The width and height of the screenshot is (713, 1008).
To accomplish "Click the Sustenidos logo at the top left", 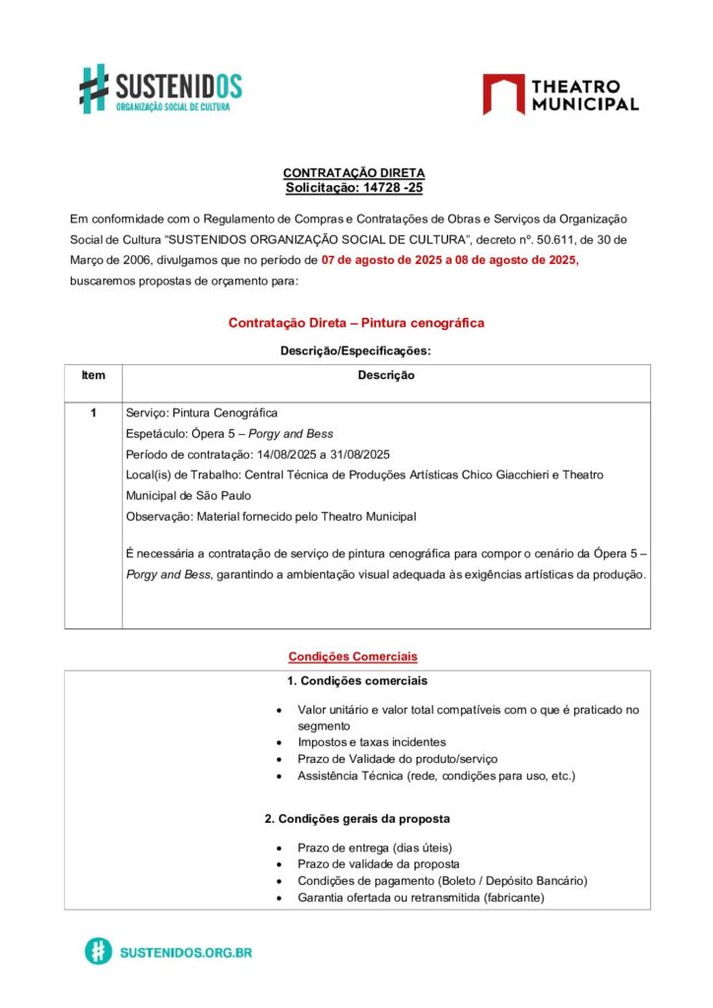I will [x=161, y=89].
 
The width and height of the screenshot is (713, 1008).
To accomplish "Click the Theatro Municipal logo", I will [x=560, y=94].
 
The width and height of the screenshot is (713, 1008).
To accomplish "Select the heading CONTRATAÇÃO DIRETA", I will [x=355, y=173].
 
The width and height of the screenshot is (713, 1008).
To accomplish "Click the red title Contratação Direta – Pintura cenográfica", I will [x=356, y=323].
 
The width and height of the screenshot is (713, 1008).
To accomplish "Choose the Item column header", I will [x=94, y=375].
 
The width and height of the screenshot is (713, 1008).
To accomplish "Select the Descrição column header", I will [x=386, y=375].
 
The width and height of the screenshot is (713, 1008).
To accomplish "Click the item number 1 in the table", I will [x=94, y=412].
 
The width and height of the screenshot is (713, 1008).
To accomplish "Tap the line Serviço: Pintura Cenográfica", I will [x=202, y=412].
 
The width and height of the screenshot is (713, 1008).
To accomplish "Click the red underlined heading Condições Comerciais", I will [x=353, y=657].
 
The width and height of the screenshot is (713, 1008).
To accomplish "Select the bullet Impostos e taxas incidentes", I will [x=371, y=742].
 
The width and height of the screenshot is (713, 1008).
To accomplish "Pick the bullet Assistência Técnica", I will [x=436, y=776].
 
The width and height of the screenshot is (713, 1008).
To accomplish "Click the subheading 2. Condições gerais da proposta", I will [x=357, y=819].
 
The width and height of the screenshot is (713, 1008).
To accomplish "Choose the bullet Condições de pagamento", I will [x=442, y=881].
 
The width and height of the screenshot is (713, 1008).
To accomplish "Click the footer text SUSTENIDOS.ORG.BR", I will [x=185, y=953].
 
